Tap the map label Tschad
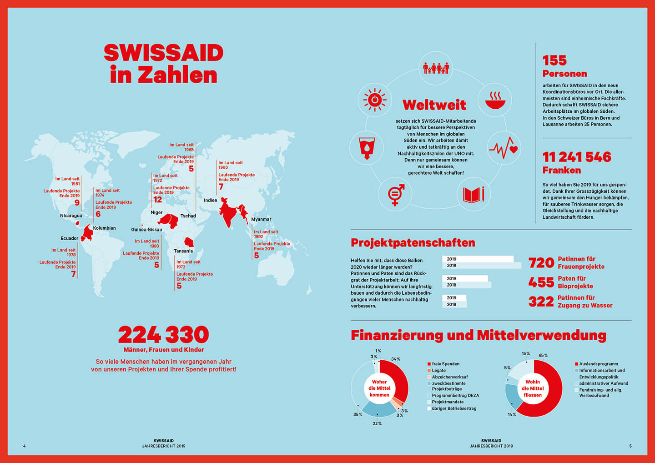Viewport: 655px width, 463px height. pos(188,216)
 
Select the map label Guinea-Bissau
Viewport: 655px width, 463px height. pos(146,230)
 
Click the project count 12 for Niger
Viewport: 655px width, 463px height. pos(157,200)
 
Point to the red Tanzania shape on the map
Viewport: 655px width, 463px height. pos(189,242)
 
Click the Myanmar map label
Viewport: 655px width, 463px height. pos(261,219)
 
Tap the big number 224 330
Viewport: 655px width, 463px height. pos(163,335)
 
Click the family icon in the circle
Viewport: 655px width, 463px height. pos(436,68)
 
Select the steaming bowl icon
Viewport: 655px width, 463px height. pos(495,101)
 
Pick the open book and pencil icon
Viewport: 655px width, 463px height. pos(474,195)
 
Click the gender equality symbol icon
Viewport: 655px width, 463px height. pos(395,194)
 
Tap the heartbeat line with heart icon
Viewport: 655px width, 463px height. pos(504,148)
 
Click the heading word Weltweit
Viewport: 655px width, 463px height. pos(434,105)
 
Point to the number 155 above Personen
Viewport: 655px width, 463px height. pos(554,60)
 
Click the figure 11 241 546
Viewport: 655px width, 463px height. pos(577,157)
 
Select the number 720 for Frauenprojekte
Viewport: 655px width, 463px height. pos(541,263)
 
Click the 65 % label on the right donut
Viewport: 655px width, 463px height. pos(543,355)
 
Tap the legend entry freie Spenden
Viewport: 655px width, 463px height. pos(445,364)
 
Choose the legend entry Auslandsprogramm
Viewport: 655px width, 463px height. pos(598,364)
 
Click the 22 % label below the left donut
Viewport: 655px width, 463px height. pos(377,423)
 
